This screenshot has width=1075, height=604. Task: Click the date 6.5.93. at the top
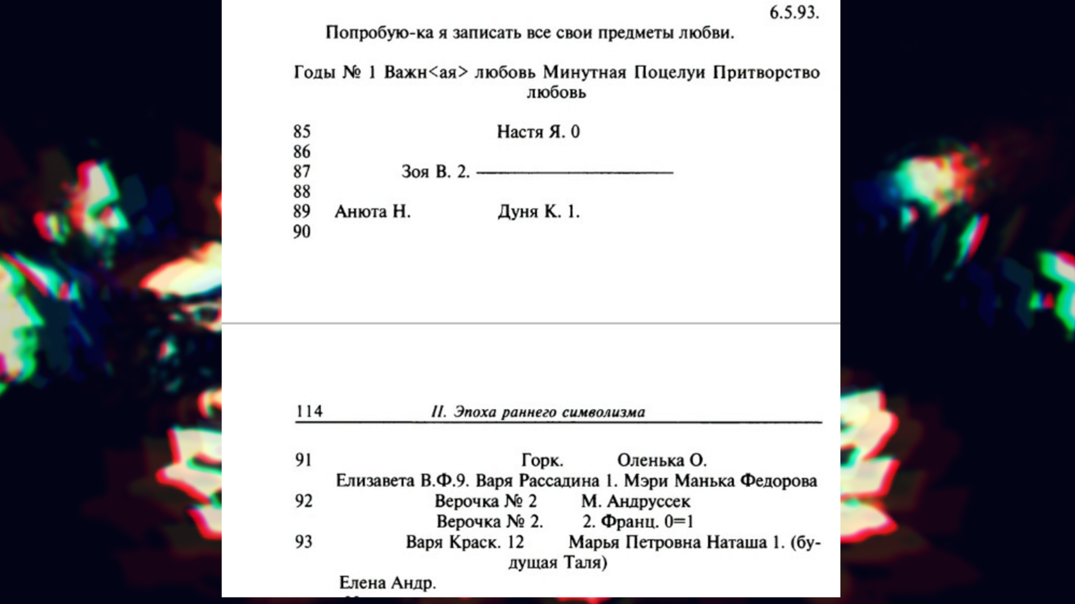pos(793,12)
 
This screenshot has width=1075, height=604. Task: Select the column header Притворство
pos(766,72)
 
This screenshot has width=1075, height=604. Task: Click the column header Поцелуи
pos(669,72)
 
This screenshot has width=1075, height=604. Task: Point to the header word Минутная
pos(584,72)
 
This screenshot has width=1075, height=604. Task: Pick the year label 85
pos(302,132)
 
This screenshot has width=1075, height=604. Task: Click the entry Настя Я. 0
pos(538,132)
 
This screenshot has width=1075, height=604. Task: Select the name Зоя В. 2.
pos(435,172)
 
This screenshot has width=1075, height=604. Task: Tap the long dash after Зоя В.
pos(575,172)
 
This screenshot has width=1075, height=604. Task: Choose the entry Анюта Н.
pos(372,212)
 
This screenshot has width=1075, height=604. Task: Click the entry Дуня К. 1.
pos(539,212)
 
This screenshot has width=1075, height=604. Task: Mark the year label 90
pos(302,231)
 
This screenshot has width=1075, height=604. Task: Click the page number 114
pos(309,411)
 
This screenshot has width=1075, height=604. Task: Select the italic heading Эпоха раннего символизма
pos(549,412)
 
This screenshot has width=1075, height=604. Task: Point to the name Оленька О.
pos(662,460)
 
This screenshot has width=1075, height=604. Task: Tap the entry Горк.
pos(542,460)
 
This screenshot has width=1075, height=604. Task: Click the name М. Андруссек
pos(635,501)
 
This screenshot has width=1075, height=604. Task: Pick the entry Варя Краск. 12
pos(465,542)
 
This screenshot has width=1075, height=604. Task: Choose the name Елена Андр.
pos(387,583)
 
